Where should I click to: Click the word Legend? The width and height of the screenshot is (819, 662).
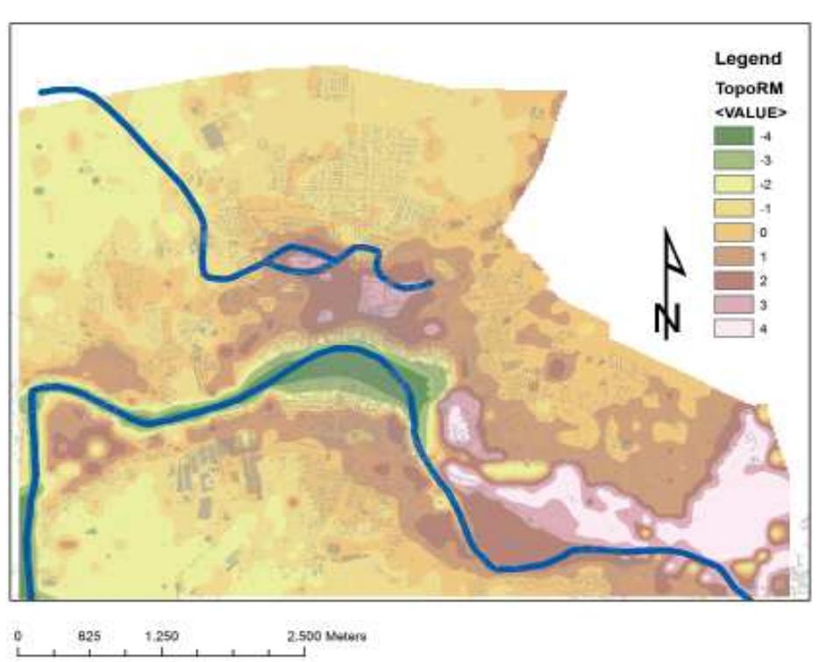(x=748, y=60)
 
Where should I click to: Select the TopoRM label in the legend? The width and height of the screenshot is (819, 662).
(x=747, y=89)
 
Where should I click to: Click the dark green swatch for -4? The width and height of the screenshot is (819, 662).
(x=734, y=137)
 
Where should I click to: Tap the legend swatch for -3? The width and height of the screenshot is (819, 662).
(x=734, y=161)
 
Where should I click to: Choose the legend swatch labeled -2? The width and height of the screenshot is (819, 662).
(x=734, y=185)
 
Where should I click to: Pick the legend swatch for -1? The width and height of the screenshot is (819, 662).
(x=734, y=210)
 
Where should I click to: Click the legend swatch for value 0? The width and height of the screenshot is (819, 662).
(x=734, y=233)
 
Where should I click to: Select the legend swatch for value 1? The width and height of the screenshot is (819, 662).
(x=734, y=258)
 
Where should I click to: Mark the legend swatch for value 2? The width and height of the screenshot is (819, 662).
(x=734, y=281)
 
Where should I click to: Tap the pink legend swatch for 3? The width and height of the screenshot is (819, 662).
(x=734, y=306)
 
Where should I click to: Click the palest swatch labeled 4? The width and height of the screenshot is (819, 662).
(x=734, y=330)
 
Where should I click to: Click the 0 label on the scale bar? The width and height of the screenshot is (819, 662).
(x=18, y=636)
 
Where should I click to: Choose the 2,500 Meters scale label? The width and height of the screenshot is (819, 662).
(x=328, y=636)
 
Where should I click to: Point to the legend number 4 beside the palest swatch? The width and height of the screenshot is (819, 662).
(x=767, y=330)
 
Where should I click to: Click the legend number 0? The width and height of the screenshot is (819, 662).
(x=767, y=233)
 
